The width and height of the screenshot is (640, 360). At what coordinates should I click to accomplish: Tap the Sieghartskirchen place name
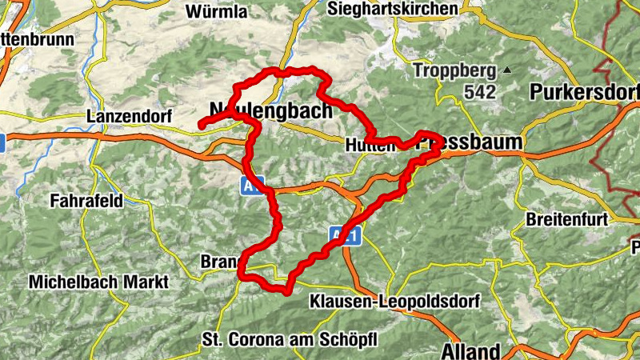394,8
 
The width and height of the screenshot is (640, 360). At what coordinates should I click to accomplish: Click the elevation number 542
479,91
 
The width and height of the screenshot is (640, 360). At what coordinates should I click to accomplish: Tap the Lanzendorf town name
129,117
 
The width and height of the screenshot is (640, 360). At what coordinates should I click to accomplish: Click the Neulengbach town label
270,110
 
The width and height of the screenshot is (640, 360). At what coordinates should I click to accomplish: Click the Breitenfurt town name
567,218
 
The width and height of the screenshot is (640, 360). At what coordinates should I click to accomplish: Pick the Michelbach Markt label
98,282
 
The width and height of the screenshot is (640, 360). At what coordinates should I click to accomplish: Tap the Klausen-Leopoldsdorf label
394,302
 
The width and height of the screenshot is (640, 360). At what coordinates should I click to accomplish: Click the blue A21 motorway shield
346,235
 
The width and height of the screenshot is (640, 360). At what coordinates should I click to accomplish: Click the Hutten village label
366,145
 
